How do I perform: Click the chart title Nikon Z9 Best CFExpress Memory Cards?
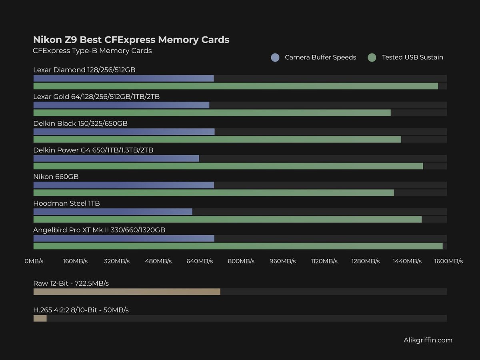click(131, 40)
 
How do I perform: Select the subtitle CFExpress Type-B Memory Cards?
click(92, 51)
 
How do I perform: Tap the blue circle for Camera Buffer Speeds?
click(275, 58)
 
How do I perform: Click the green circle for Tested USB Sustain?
click(372, 58)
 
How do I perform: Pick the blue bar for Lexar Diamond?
click(123, 78)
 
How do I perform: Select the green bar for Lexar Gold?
click(212, 113)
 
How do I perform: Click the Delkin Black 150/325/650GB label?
click(80, 124)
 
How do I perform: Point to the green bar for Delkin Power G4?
click(228, 166)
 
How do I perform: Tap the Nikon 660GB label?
click(56, 177)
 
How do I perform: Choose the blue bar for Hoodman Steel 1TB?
click(113, 212)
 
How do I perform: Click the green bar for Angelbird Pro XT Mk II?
click(238, 246)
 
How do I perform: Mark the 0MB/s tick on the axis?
click(34, 261)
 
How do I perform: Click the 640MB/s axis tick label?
click(200, 261)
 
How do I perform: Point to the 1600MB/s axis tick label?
click(448, 261)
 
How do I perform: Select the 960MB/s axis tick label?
click(282, 261)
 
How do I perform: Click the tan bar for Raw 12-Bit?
click(127, 292)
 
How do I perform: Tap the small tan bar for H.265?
click(40, 318)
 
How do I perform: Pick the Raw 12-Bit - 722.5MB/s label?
click(71, 284)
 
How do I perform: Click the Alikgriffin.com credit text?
click(428, 340)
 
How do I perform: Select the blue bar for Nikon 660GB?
click(124, 185)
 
